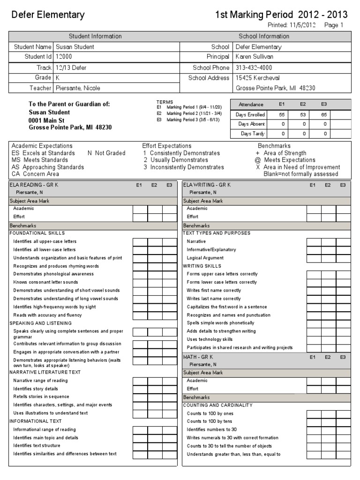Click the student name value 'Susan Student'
coord(75,47)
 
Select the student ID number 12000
coord(64,57)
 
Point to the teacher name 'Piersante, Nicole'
coord(78,88)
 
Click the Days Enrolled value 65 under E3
coord(324,114)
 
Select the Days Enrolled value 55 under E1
coord(282,114)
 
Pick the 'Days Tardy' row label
coord(252,134)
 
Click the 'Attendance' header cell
coord(251,105)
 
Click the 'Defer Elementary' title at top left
coord(48,15)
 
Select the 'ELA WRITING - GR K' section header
coord(207,185)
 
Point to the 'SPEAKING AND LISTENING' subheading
coord(41,323)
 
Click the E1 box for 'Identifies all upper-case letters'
coord(140,242)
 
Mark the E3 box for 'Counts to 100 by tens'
coord(343,422)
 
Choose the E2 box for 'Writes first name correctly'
coord(329,291)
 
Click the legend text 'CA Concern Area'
coord(35,174)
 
